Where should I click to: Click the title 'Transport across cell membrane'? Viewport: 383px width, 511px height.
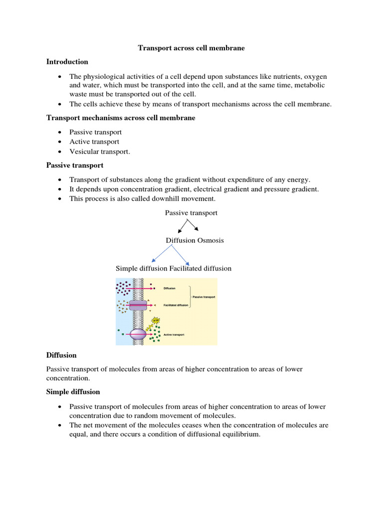pyautogui.click(x=191, y=48)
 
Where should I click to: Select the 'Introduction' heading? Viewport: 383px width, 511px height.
pyautogui.click(x=67, y=62)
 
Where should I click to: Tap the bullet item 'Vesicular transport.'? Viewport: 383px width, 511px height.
pyautogui.click(x=99, y=152)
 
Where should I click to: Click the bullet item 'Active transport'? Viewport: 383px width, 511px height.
pyautogui.click(x=94, y=142)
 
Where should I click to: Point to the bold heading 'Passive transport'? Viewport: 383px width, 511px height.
pyautogui.click(x=75, y=165)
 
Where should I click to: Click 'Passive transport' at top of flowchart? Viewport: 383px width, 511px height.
pyautogui.click(x=191, y=213)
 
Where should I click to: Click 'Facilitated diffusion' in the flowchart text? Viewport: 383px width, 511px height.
pyautogui.click(x=200, y=268)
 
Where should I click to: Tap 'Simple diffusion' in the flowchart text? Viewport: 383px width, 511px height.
pyautogui.click(x=142, y=268)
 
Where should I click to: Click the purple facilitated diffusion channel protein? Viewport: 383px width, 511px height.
pyautogui.click(x=138, y=305)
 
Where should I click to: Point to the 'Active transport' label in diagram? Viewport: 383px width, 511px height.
pyautogui.click(x=174, y=335)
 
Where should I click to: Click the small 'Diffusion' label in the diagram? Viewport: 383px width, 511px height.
pyautogui.click(x=170, y=288)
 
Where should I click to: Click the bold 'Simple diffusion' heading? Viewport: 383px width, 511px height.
pyautogui.click(x=73, y=392)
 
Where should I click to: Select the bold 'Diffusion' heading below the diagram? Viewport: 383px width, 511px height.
pyautogui.click(x=61, y=355)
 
